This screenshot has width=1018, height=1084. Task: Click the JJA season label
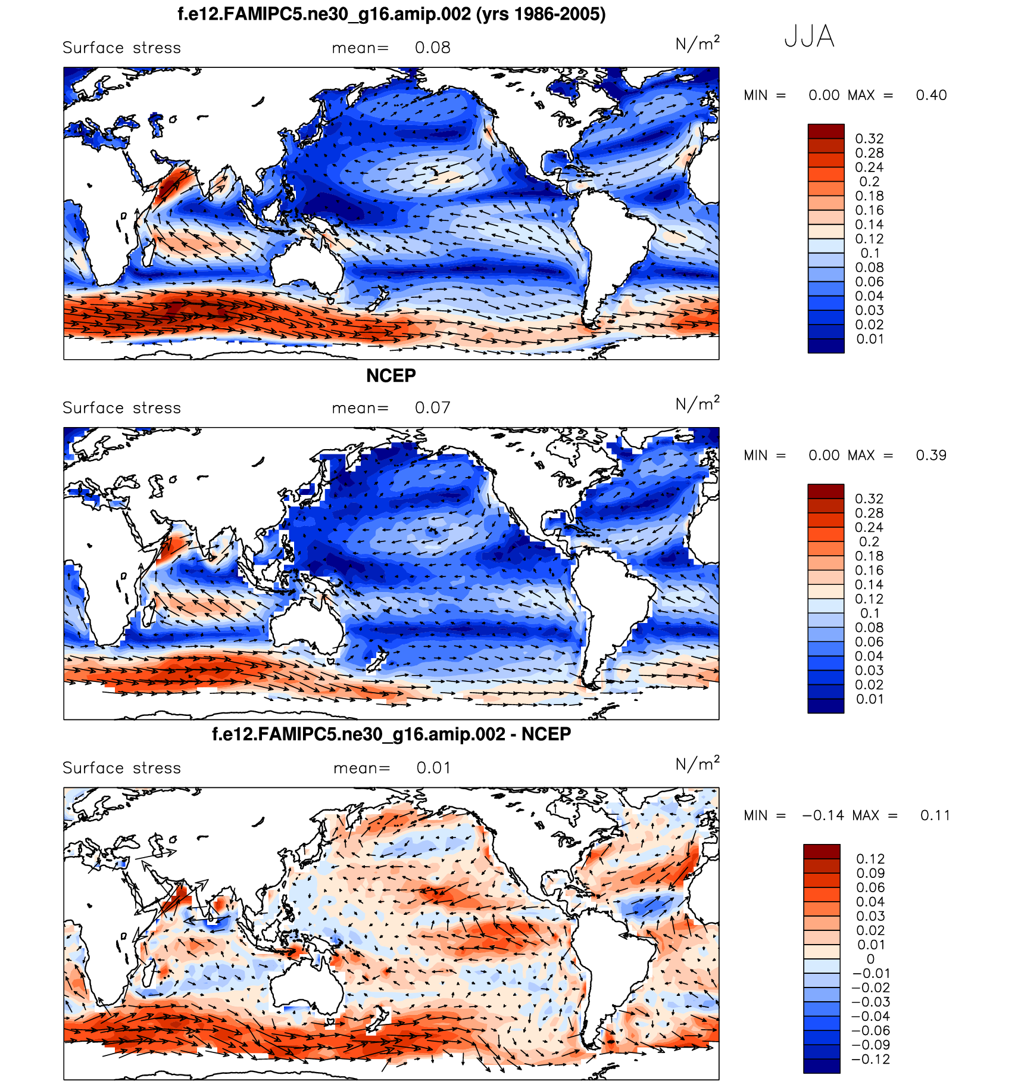[x=809, y=36]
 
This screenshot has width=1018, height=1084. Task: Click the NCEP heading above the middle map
[x=391, y=376]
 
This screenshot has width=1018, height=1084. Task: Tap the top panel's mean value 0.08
[x=432, y=48]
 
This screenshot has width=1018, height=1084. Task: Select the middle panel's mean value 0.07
[x=432, y=408]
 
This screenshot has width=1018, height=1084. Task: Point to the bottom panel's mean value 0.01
[x=433, y=768]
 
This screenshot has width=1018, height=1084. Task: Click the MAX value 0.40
[x=931, y=95]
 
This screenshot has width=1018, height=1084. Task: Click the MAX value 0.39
[x=931, y=456]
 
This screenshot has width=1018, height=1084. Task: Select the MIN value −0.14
[x=823, y=816]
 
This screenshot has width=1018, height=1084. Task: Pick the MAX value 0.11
[x=935, y=816]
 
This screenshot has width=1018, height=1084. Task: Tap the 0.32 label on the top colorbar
[x=869, y=139]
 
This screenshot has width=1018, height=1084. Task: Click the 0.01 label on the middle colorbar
[x=869, y=699]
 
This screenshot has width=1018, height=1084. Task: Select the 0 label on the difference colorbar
[x=870, y=960]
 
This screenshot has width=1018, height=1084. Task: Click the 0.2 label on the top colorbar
[x=869, y=182]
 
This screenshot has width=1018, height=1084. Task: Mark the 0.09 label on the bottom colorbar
[x=870, y=874]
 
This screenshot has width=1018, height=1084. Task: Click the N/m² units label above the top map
[x=697, y=43]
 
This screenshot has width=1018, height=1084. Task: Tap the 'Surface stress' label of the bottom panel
[x=121, y=768]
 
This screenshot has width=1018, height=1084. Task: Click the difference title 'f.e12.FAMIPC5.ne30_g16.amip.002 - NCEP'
[x=391, y=734]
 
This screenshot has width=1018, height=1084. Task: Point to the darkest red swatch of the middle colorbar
[x=826, y=491]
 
